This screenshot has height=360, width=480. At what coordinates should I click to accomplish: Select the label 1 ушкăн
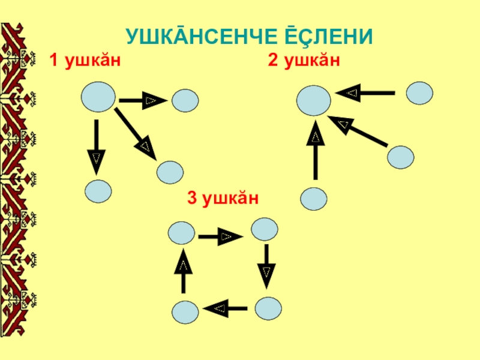87,61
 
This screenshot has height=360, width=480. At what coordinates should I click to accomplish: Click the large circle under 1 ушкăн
98,97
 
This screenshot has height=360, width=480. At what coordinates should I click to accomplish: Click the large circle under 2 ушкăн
313,100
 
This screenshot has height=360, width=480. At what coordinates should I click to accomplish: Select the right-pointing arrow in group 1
143,100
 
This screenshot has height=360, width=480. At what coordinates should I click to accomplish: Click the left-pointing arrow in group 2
365,93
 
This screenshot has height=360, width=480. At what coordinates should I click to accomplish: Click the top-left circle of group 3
182,233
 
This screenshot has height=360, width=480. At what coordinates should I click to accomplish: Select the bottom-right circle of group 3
268,308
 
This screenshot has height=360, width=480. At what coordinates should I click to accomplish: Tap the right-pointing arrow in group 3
220,237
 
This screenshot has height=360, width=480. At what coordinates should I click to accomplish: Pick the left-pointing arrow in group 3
226,308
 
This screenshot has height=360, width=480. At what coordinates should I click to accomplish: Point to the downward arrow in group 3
266,268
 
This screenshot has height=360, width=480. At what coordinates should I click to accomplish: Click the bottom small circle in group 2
313,199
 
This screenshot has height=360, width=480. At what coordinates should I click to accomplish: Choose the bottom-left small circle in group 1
98,191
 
